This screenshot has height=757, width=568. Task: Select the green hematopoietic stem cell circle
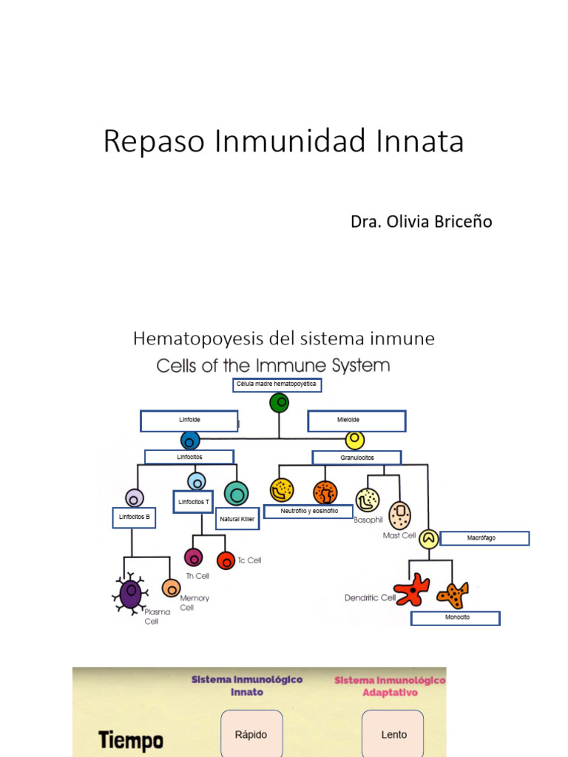pos(279,403)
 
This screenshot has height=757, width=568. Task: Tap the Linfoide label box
pos(189,421)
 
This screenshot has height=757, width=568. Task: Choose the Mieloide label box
pos(356,421)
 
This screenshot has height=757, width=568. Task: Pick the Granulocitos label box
pos(356,458)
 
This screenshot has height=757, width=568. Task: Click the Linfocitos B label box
pos(135,517)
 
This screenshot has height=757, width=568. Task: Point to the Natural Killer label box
pos(237,519)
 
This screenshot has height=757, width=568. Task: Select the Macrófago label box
pos(484,538)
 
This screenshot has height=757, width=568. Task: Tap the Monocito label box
pos(456,617)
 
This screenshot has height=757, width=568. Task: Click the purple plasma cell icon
pos(130,593)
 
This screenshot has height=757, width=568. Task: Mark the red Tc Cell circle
pos(226,560)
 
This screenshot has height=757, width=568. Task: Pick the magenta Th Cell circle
pos(193,557)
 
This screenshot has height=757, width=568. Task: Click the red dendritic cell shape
pos(412,589)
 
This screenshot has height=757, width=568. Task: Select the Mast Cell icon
pos(399,515)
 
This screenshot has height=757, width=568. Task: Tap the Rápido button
pos(251,734)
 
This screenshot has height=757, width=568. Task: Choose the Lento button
pos(393,734)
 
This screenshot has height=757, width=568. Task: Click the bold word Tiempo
pos(130,739)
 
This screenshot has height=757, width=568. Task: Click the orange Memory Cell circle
pos(171,588)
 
